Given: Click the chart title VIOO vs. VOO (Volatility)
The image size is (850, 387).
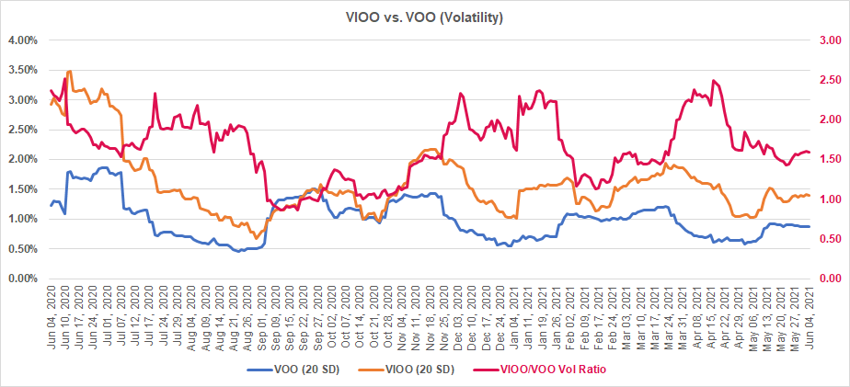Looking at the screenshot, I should [x=424, y=17].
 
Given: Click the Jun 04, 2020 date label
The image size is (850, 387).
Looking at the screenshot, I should [x=52, y=311].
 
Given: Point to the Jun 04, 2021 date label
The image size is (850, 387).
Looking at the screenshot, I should [x=809, y=311].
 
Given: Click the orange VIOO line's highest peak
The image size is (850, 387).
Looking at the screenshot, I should [x=69, y=71].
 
